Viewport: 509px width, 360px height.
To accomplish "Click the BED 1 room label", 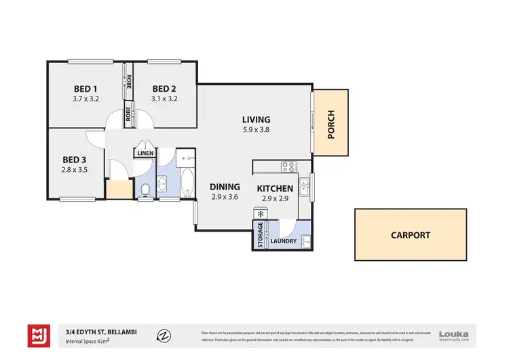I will coord(86,88).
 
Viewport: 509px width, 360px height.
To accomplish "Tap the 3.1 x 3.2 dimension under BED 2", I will coord(164,99).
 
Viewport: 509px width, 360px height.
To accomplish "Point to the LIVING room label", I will coord(255,120).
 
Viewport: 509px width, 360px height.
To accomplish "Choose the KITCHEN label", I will coord(275,188).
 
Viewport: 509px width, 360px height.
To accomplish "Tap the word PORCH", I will coord(332,124).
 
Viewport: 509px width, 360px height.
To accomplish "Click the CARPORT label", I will coord(410,235).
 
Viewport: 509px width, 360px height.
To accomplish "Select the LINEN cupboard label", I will coord(145,154).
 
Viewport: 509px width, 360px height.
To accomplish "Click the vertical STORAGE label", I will coord(259,234).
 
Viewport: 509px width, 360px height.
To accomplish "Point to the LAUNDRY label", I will coord(283,241).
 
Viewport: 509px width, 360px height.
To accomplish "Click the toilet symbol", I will coord(145,190).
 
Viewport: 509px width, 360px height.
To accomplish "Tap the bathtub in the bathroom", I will coord(187,182).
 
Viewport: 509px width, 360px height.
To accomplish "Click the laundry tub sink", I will coord(306,240).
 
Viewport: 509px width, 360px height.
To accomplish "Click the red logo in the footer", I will coord(38,335).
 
